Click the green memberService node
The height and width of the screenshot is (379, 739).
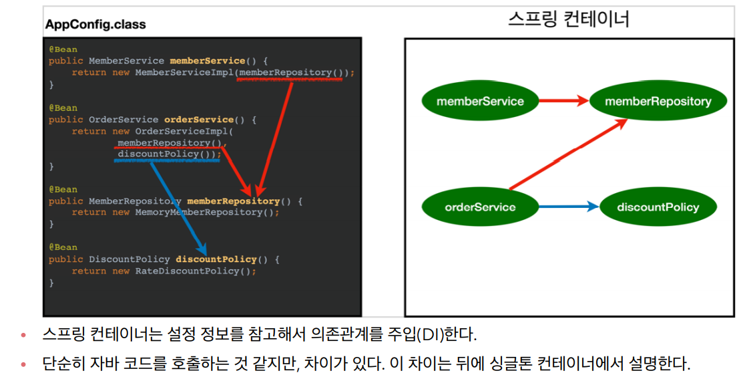pos(480,102)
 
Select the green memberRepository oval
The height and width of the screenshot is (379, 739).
pos(658,102)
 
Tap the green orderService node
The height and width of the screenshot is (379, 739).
pos(480,207)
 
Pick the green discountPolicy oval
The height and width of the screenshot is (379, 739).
pos(658,207)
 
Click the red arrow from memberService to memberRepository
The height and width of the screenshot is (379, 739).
pos(563,102)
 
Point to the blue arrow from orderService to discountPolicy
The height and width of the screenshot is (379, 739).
pos(568,207)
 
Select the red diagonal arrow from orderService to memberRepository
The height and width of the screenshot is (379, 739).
pos(567,155)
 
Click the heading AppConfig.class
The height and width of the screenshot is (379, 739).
pos(95,25)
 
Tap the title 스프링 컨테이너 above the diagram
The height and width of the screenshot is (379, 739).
pos(568,19)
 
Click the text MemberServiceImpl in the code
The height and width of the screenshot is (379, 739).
pos(184,72)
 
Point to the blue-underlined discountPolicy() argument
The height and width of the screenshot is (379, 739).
pos(167,154)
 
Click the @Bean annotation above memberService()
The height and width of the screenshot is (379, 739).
pos(63,49)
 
